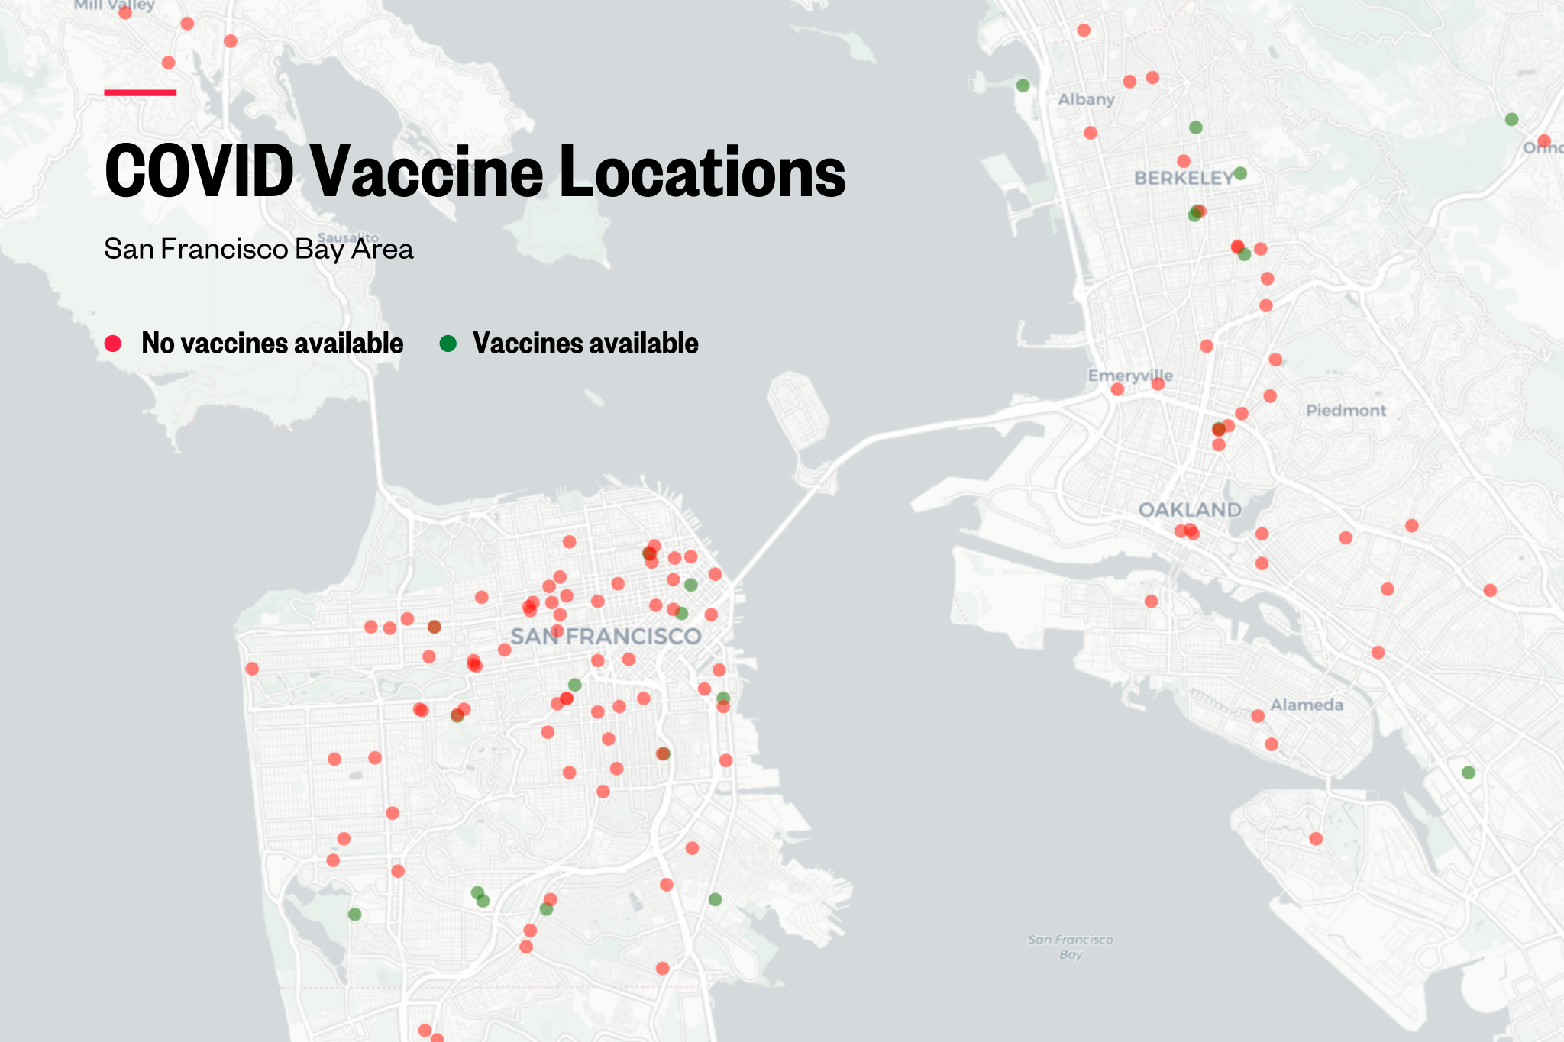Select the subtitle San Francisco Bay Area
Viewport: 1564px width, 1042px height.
258,250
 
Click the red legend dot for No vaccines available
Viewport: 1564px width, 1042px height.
113,344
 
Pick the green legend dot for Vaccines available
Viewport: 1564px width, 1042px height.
448,344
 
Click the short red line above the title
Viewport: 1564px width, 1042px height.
141,92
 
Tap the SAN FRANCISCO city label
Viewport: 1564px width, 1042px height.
606,637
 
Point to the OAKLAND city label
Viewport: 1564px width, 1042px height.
1190,510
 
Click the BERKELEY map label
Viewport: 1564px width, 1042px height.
1183,179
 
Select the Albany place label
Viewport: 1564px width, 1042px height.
1086,99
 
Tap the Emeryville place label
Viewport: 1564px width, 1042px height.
1130,376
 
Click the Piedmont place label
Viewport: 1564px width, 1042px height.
1346,411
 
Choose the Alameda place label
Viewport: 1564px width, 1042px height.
1307,705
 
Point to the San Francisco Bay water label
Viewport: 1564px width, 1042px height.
1071,947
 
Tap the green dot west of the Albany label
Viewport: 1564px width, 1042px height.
1023,85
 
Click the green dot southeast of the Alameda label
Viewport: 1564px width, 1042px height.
1468,773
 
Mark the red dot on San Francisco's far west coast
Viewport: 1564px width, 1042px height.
252,669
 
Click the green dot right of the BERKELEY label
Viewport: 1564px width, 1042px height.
1240,174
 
